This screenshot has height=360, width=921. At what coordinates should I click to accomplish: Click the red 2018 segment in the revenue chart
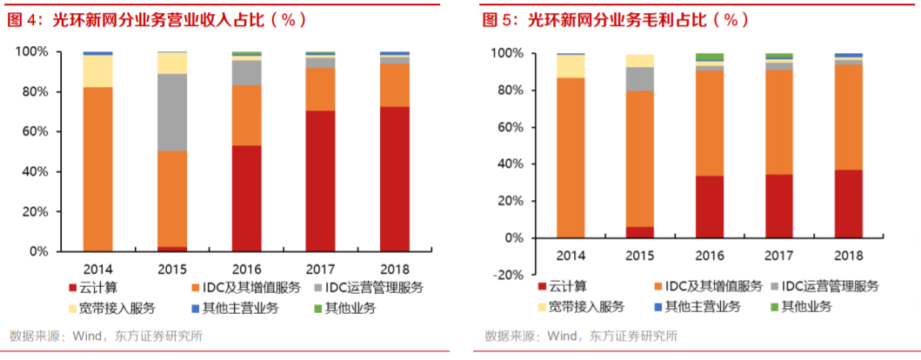(x=395, y=178)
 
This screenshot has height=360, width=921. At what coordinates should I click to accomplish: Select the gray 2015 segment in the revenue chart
(x=172, y=112)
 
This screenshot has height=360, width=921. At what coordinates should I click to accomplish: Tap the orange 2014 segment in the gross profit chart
(x=571, y=157)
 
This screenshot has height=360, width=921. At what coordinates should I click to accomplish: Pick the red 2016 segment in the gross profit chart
(x=710, y=206)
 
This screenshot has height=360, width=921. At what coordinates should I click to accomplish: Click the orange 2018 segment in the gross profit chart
(x=849, y=117)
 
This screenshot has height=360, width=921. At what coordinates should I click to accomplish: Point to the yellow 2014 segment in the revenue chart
(x=98, y=70)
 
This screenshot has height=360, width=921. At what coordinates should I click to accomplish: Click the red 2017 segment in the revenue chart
(x=321, y=181)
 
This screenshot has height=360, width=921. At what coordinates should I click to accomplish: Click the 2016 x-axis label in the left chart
(x=246, y=269)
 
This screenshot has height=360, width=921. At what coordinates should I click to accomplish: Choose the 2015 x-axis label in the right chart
(x=640, y=256)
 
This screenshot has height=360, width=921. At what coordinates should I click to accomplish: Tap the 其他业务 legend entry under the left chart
(x=344, y=307)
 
